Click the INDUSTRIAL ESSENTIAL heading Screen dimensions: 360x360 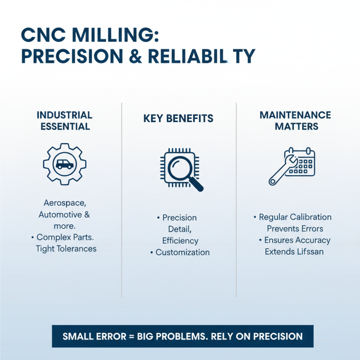pyautogui.click(x=64, y=121)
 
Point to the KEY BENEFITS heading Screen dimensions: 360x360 pyautogui.click(x=178, y=119)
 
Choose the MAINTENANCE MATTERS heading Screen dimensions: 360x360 pyautogui.click(x=295, y=121)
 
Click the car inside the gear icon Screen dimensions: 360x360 pyautogui.click(x=64, y=164)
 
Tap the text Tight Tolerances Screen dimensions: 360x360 pyautogui.click(x=66, y=249)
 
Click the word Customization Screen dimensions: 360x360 pyautogui.click(x=183, y=252)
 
